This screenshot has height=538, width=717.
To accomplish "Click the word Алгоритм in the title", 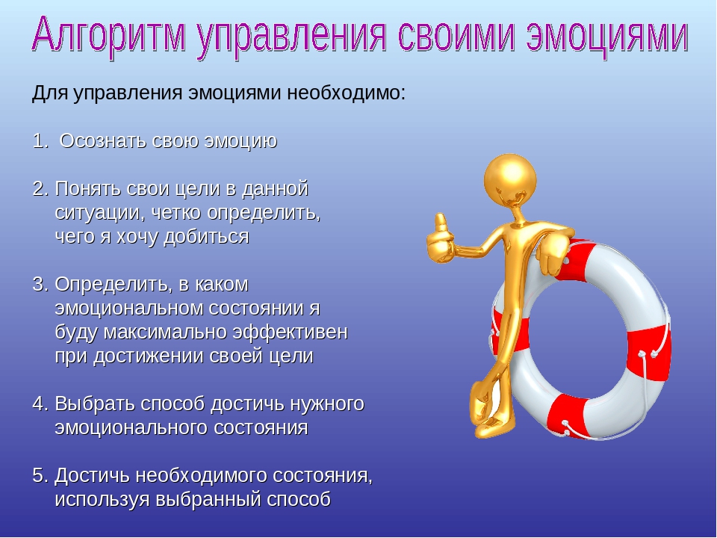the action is pos(109,36).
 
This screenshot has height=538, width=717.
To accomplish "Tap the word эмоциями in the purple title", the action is pos(606,36).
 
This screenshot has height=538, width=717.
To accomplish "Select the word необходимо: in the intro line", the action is pos(346,93).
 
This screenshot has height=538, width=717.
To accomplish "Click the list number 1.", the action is pos(40,141).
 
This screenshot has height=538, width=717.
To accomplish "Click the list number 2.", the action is pos(40,189).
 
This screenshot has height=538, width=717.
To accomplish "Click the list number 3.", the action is pos(40,285).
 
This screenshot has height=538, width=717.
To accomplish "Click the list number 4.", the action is pos(40,404).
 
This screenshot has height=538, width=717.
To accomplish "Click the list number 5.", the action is pos(40,476).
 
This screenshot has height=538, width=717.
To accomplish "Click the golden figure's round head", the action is pos(510,179).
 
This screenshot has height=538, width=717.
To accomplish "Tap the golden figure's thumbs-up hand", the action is pos(440,240).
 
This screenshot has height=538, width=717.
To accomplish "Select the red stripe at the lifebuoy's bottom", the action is pos(567,415).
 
